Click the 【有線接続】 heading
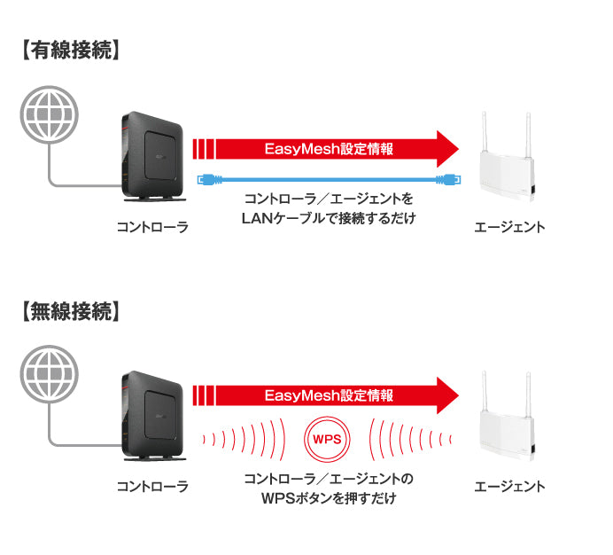click(x=68, y=51)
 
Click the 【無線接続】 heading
click(x=68, y=312)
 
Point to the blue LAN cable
click(x=329, y=178)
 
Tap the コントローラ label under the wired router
click(x=152, y=227)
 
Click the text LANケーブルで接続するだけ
click(x=329, y=217)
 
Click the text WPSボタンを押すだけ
click(x=329, y=498)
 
